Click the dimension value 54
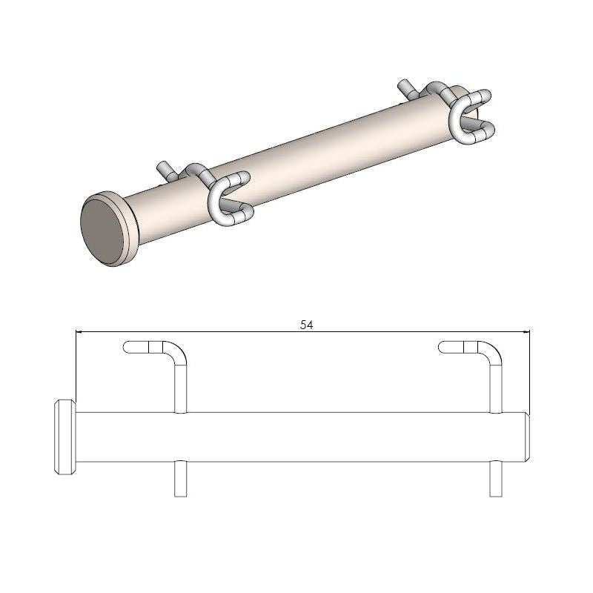coord(306,324)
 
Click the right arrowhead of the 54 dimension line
coord(527,331)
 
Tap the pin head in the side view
coord(63,437)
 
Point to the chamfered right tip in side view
coord(527,437)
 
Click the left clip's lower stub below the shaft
coord(180,479)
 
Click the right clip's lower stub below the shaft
coord(496,479)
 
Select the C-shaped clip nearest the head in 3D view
coord(227,198)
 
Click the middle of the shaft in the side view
coord(296,437)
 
